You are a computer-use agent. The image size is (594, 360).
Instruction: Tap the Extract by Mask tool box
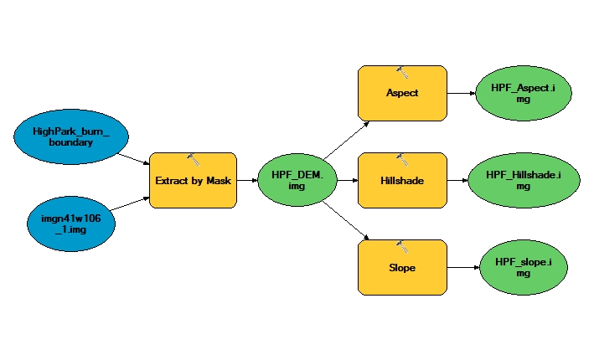click(193, 180)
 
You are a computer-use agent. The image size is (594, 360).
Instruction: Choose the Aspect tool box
click(401, 94)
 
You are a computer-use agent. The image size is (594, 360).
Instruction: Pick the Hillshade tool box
click(401, 180)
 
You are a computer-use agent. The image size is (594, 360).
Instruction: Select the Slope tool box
click(401, 268)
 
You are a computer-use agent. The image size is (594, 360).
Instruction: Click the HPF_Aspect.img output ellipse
click(523, 94)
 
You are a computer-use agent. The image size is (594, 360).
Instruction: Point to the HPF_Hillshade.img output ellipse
click(523, 180)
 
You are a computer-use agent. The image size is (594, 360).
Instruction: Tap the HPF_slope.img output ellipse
click(523, 268)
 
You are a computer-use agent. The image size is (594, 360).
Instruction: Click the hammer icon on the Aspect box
click(401, 73)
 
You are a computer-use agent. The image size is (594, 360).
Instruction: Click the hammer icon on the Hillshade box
click(401, 159)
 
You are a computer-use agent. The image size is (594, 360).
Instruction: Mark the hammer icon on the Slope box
click(401, 246)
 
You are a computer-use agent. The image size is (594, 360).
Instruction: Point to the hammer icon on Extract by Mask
click(193, 159)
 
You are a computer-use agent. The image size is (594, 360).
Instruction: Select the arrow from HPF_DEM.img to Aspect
click(346, 139)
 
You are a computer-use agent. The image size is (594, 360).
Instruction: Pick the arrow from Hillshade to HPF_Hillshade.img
click(457, 180)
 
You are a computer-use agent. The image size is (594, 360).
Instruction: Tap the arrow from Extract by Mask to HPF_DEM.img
click(246, 180)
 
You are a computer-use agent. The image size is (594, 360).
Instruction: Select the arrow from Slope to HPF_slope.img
click(460, 268)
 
